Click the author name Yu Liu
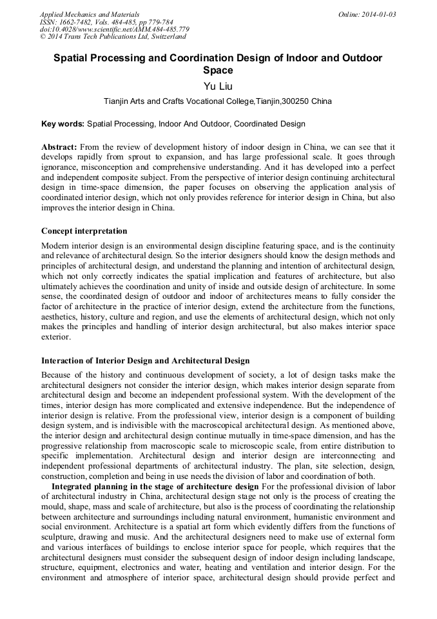[218, 86]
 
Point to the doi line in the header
[114, 30]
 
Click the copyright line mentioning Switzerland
[113, 37]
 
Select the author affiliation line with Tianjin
[218, 101]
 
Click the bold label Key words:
[63, 123]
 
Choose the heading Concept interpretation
[84, 231]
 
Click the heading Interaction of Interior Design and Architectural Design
[145, 360]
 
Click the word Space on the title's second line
[218, 70]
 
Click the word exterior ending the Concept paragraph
[56, 337]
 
